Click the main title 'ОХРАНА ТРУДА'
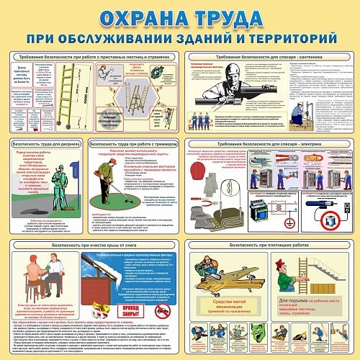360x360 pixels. click(x=179, y=16)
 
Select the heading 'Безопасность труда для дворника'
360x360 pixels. click(x=47, y=144)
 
